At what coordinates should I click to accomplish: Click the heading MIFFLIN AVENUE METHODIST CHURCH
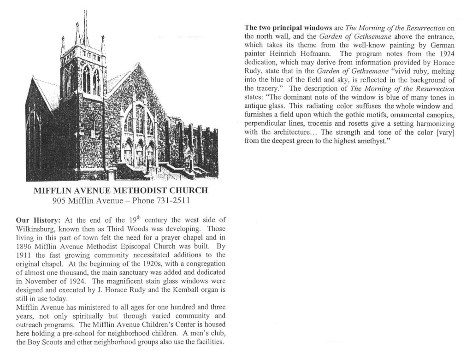pos(121,190)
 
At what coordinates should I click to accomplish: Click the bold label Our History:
pos(35,220)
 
